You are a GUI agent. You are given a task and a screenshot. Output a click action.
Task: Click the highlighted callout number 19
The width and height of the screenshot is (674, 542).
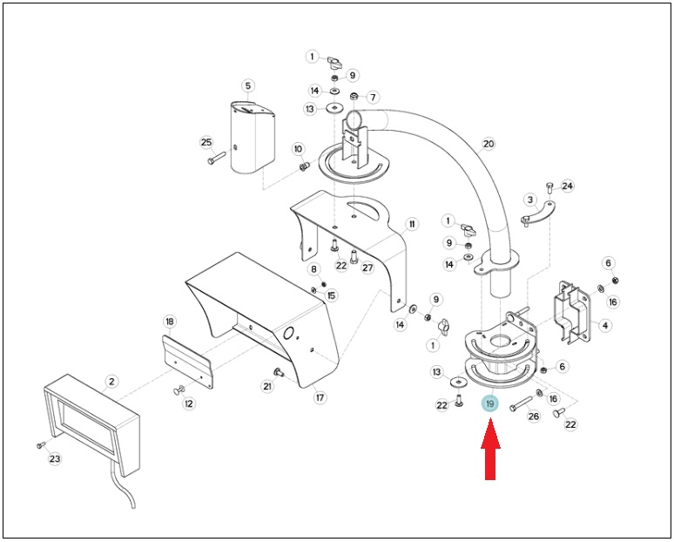490,404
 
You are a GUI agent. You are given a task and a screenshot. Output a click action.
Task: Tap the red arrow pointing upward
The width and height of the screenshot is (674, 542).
490,451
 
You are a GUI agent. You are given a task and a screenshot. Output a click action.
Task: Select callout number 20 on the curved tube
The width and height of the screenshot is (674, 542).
489,144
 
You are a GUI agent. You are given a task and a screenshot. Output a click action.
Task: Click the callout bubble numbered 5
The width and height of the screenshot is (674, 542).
248,85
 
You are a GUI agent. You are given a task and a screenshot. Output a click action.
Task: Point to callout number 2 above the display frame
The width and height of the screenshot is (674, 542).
111,381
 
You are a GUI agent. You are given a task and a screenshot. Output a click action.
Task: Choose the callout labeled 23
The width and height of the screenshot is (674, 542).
55,458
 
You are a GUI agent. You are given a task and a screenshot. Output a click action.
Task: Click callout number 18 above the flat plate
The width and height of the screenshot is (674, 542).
170,322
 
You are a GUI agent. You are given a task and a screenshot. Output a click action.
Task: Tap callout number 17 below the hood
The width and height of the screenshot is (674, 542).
320,398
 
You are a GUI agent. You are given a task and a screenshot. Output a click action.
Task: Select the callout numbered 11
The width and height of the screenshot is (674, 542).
412,224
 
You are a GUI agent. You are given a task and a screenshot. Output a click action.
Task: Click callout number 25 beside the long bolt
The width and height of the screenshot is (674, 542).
206,142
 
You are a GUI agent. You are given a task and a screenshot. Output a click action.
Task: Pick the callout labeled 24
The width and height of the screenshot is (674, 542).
568,186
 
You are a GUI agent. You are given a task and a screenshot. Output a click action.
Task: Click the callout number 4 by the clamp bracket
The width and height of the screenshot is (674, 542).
605,325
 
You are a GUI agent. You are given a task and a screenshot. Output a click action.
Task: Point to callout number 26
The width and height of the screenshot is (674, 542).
534,416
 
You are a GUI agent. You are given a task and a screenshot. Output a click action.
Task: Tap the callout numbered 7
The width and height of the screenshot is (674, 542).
373,98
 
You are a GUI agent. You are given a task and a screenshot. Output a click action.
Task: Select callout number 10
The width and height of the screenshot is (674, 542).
298,149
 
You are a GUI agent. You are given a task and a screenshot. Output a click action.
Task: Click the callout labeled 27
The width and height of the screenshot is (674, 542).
367,268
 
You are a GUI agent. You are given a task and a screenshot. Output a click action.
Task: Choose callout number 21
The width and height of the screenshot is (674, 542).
267,386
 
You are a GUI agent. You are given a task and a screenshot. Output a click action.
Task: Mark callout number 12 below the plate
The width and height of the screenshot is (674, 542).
189,403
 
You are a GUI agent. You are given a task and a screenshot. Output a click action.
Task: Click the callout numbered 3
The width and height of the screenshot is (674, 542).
530,200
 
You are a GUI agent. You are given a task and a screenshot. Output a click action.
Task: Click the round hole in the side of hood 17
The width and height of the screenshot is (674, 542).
289,333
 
